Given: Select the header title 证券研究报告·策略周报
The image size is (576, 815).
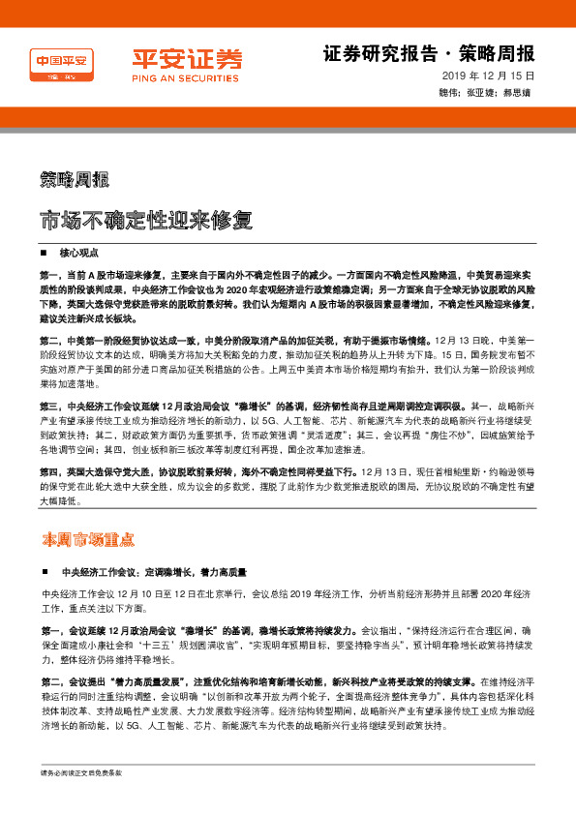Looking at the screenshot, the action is pyautogui.click(x=428, y=52).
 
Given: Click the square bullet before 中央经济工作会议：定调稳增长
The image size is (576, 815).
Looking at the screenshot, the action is pyautogui.click(x=45, y=571).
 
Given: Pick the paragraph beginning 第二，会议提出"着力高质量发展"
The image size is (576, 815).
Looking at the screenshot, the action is pyautogui.click(x=288, y=703).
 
